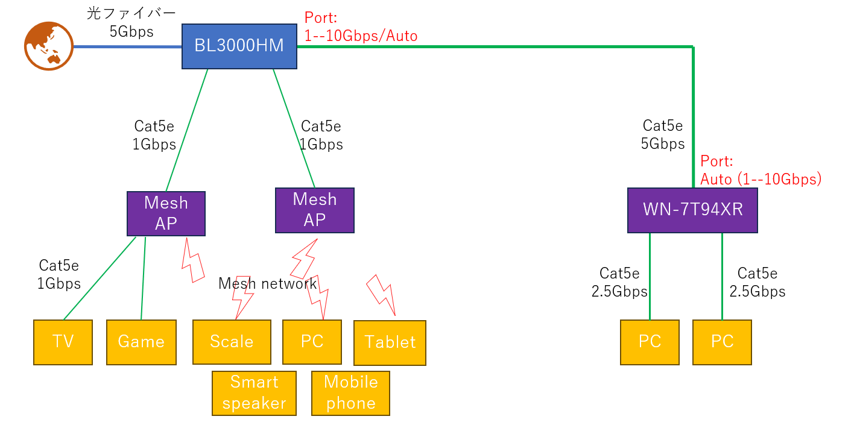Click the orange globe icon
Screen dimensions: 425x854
click(48, 46)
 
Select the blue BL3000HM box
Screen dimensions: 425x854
click(239, 46)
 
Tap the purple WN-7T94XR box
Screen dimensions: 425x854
click(692, 210)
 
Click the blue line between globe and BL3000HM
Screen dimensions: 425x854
click(127, 46)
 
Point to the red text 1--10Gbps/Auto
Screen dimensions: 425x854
click(361, 36)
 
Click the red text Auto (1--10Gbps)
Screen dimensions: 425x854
click(761, 179)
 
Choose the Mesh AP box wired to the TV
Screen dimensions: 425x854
click(166, 213)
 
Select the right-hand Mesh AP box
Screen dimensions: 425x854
click(314, 210)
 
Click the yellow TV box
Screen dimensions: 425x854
click(63, 342)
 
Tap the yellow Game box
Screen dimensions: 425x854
click(141, 342)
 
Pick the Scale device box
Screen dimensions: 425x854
click(232, 342)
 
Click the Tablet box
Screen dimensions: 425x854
click(390, 342)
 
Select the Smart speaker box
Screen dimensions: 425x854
click(254, 393)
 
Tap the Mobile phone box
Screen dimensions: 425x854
click(350, 393)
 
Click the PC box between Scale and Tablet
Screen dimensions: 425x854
click(312, 342)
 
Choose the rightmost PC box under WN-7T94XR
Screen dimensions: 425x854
click(722, 342)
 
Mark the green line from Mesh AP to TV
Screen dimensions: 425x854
click(99, 278)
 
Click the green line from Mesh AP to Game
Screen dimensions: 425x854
click(143, 278)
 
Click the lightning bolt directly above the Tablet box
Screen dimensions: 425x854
click(382, 294)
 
